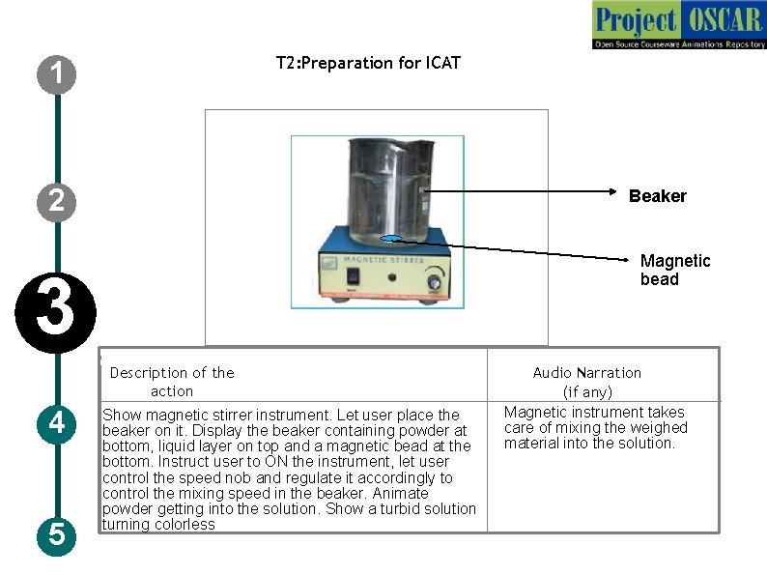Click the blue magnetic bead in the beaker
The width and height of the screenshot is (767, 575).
click(392, 239)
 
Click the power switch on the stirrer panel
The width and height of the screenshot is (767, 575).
click(354, 278)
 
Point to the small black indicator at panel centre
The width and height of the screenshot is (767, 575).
click(392, 277)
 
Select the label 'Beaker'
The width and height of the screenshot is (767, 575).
click(657, 196)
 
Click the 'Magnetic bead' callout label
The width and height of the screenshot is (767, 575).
click(674, 270)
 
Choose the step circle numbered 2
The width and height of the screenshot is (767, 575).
click(59, 201)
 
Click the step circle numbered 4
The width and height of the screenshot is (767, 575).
click(58, 423)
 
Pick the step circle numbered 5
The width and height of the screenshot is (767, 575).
click(58, 534)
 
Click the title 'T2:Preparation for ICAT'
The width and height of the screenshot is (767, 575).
click(368, 63)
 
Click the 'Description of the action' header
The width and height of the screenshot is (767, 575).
click(172, 382)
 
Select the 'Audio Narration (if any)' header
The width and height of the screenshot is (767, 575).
click(587, 382)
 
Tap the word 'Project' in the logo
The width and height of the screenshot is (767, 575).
click(636, 19)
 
